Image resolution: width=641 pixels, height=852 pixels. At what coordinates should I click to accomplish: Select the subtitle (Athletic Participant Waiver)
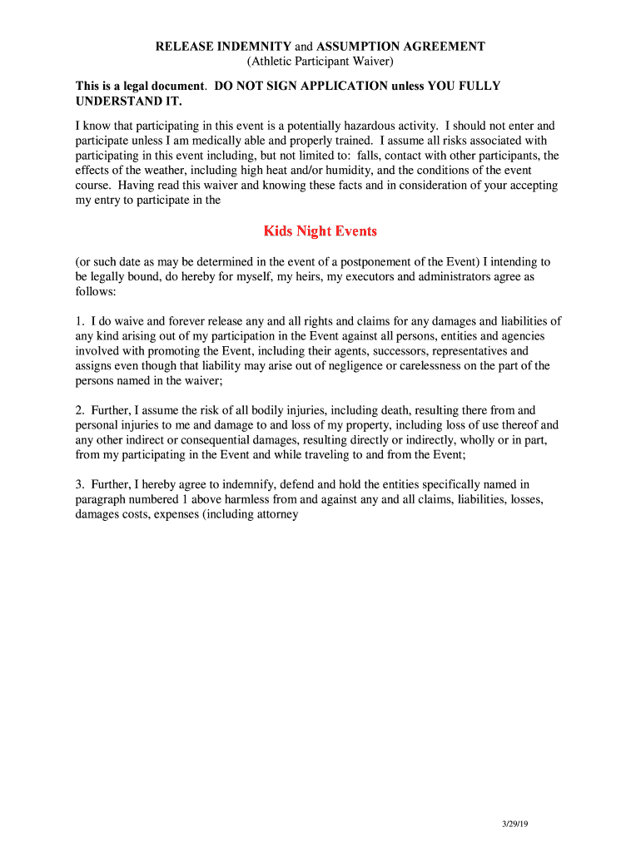(x=320, y=62)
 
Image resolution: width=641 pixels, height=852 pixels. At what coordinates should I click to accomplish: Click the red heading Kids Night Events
(x=320, y=230)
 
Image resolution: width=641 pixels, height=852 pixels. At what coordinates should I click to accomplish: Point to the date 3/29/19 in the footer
(x=516, y=824)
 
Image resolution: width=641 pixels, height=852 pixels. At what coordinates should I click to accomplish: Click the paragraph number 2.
(x=79, y=410)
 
